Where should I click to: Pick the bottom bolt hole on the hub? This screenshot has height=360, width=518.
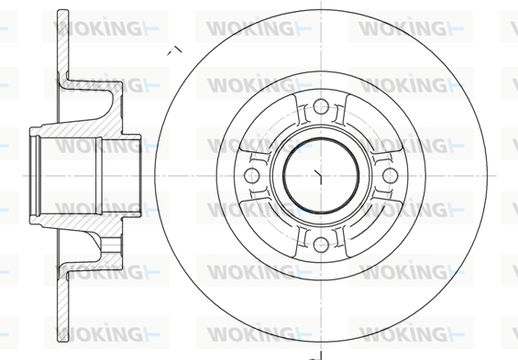coord(317,242)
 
